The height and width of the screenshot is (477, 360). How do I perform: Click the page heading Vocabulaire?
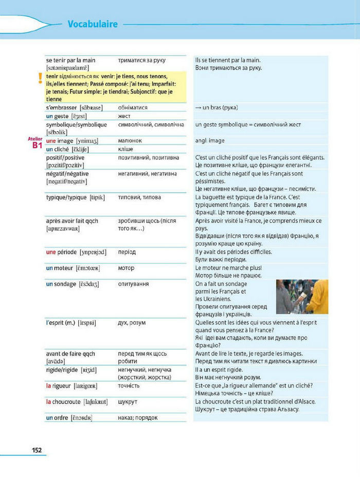(x=93, y=24)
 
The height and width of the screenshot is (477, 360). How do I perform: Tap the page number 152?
(x=37, y=450)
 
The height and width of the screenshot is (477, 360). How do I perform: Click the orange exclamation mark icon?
(x=40, y=78)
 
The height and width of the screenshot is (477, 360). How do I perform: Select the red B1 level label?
(x=36, y=146)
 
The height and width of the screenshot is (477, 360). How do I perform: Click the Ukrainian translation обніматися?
(x=133, y=108)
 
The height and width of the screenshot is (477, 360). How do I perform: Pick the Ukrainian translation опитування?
(x=133, y=284)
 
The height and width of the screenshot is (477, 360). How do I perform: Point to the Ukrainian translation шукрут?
(x=128, y=401)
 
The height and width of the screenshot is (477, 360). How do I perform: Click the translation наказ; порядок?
(x=137, y=417)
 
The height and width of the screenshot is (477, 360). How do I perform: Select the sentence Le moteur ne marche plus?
(x=228, y=268)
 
